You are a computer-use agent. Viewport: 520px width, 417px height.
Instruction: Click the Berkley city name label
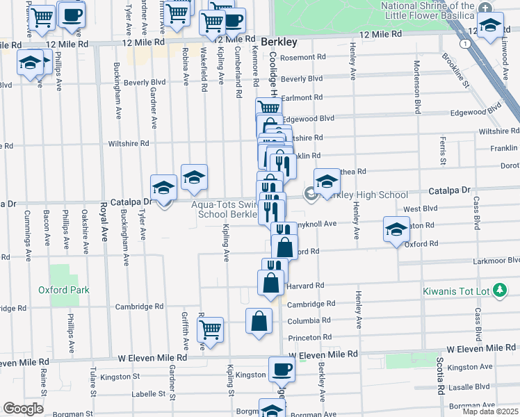280,41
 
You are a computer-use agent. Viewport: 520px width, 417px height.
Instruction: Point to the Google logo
23,409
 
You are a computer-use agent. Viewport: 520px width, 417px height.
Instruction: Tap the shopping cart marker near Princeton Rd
211,329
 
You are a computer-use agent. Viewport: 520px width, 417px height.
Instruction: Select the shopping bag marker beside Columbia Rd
259,321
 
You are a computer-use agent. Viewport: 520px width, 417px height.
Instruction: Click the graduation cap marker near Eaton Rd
396,229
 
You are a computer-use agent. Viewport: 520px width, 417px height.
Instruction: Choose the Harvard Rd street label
305,286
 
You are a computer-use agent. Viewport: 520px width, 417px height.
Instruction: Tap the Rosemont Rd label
302,58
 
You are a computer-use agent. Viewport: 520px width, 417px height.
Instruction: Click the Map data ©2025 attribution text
490,411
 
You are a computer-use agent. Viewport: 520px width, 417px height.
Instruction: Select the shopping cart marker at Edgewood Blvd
268,108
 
